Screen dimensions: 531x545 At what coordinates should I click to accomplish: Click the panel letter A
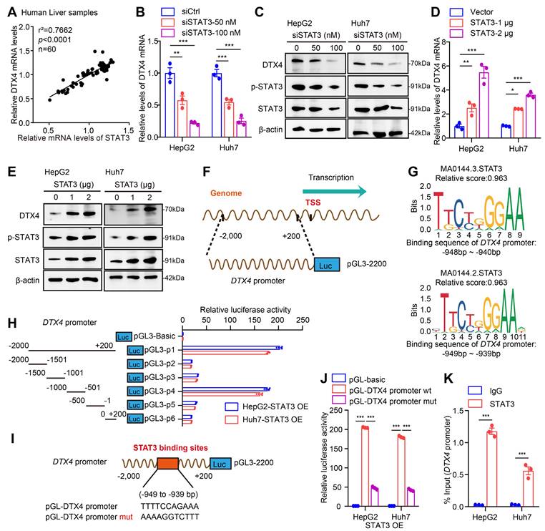coord(11,10)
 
